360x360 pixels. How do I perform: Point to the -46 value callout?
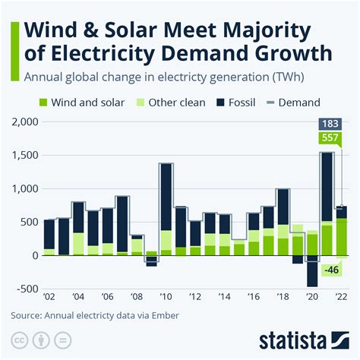(x=330, y=270)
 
